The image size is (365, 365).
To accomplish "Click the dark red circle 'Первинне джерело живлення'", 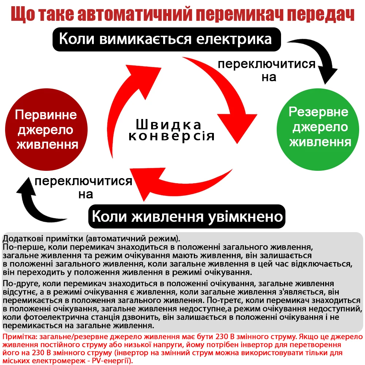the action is click(x=47, y=130).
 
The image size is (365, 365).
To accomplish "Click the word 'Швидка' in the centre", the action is click(x=168, y=125).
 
